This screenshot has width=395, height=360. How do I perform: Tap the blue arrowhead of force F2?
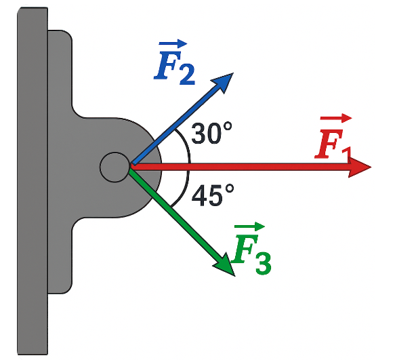click(223, 82)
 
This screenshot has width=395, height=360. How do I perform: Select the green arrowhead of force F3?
click(225, 266)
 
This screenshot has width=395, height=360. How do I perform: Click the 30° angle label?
click(211, 133)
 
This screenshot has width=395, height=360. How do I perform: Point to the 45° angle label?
click(212, 195)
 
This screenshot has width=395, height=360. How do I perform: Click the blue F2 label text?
click(174, 62)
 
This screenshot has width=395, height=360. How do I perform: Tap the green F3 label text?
click(251, 249)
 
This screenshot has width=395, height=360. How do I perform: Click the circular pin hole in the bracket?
click(115, 167)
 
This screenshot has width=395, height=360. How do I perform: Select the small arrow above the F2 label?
click(173, 43)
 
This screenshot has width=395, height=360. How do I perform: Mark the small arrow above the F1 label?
click(336, 118)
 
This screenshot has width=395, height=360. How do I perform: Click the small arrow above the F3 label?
click(249, 226)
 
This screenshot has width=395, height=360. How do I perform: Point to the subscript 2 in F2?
click(187, 75)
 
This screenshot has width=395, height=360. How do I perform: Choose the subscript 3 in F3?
click(264, 264)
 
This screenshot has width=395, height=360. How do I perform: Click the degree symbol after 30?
click(228, 126)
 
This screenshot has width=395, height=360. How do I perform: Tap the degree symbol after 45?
click(230, 188)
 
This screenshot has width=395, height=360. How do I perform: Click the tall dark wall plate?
click(33, 181)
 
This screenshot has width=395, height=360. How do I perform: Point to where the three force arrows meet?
click(131, 167)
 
